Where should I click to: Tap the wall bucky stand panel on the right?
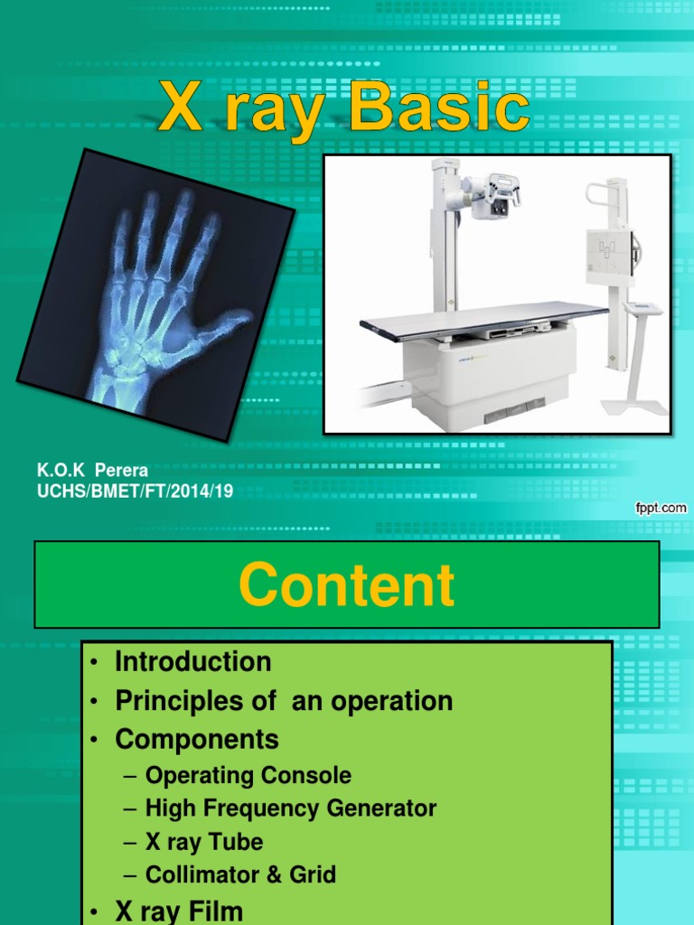click(610, 256)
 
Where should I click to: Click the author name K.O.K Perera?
click(92, 471)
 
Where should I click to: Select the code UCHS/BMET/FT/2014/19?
click(135, 491)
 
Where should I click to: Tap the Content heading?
click(347, 584)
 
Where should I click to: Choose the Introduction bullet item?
click(192, 661)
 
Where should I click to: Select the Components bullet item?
click(196, 740)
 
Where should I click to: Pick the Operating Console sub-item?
click(248, 775)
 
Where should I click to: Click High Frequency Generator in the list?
click(290, 808)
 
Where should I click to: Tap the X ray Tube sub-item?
click(204, 842)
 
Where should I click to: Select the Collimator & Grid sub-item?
click(240, 874)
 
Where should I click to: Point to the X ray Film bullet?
click(178, 911)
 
